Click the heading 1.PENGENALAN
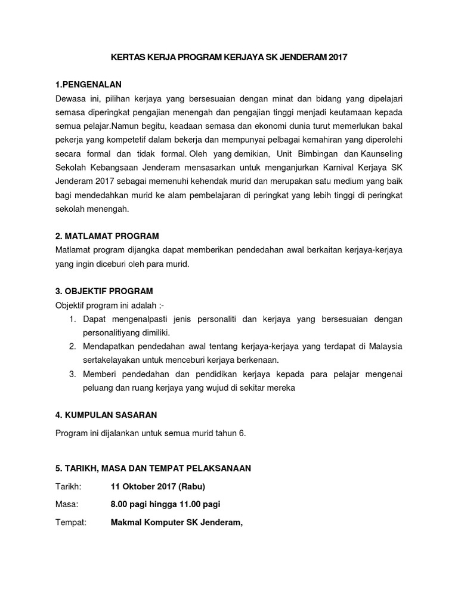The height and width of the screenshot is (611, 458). click(92, 84)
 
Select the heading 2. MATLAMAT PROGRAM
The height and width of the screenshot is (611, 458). click(107, 236)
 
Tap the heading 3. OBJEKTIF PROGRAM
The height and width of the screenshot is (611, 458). click(104, 291)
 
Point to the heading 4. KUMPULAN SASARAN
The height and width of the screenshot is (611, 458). click(106, 415)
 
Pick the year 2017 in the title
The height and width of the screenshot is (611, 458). click(336, 57)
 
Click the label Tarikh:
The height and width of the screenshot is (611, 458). click(67, 486)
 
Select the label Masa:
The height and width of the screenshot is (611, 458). click(67, 504)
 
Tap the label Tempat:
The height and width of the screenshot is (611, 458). click(70, 523)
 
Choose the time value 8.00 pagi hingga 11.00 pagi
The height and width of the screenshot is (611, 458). click(165, 504)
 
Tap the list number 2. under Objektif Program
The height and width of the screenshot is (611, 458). click(72, 346)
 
